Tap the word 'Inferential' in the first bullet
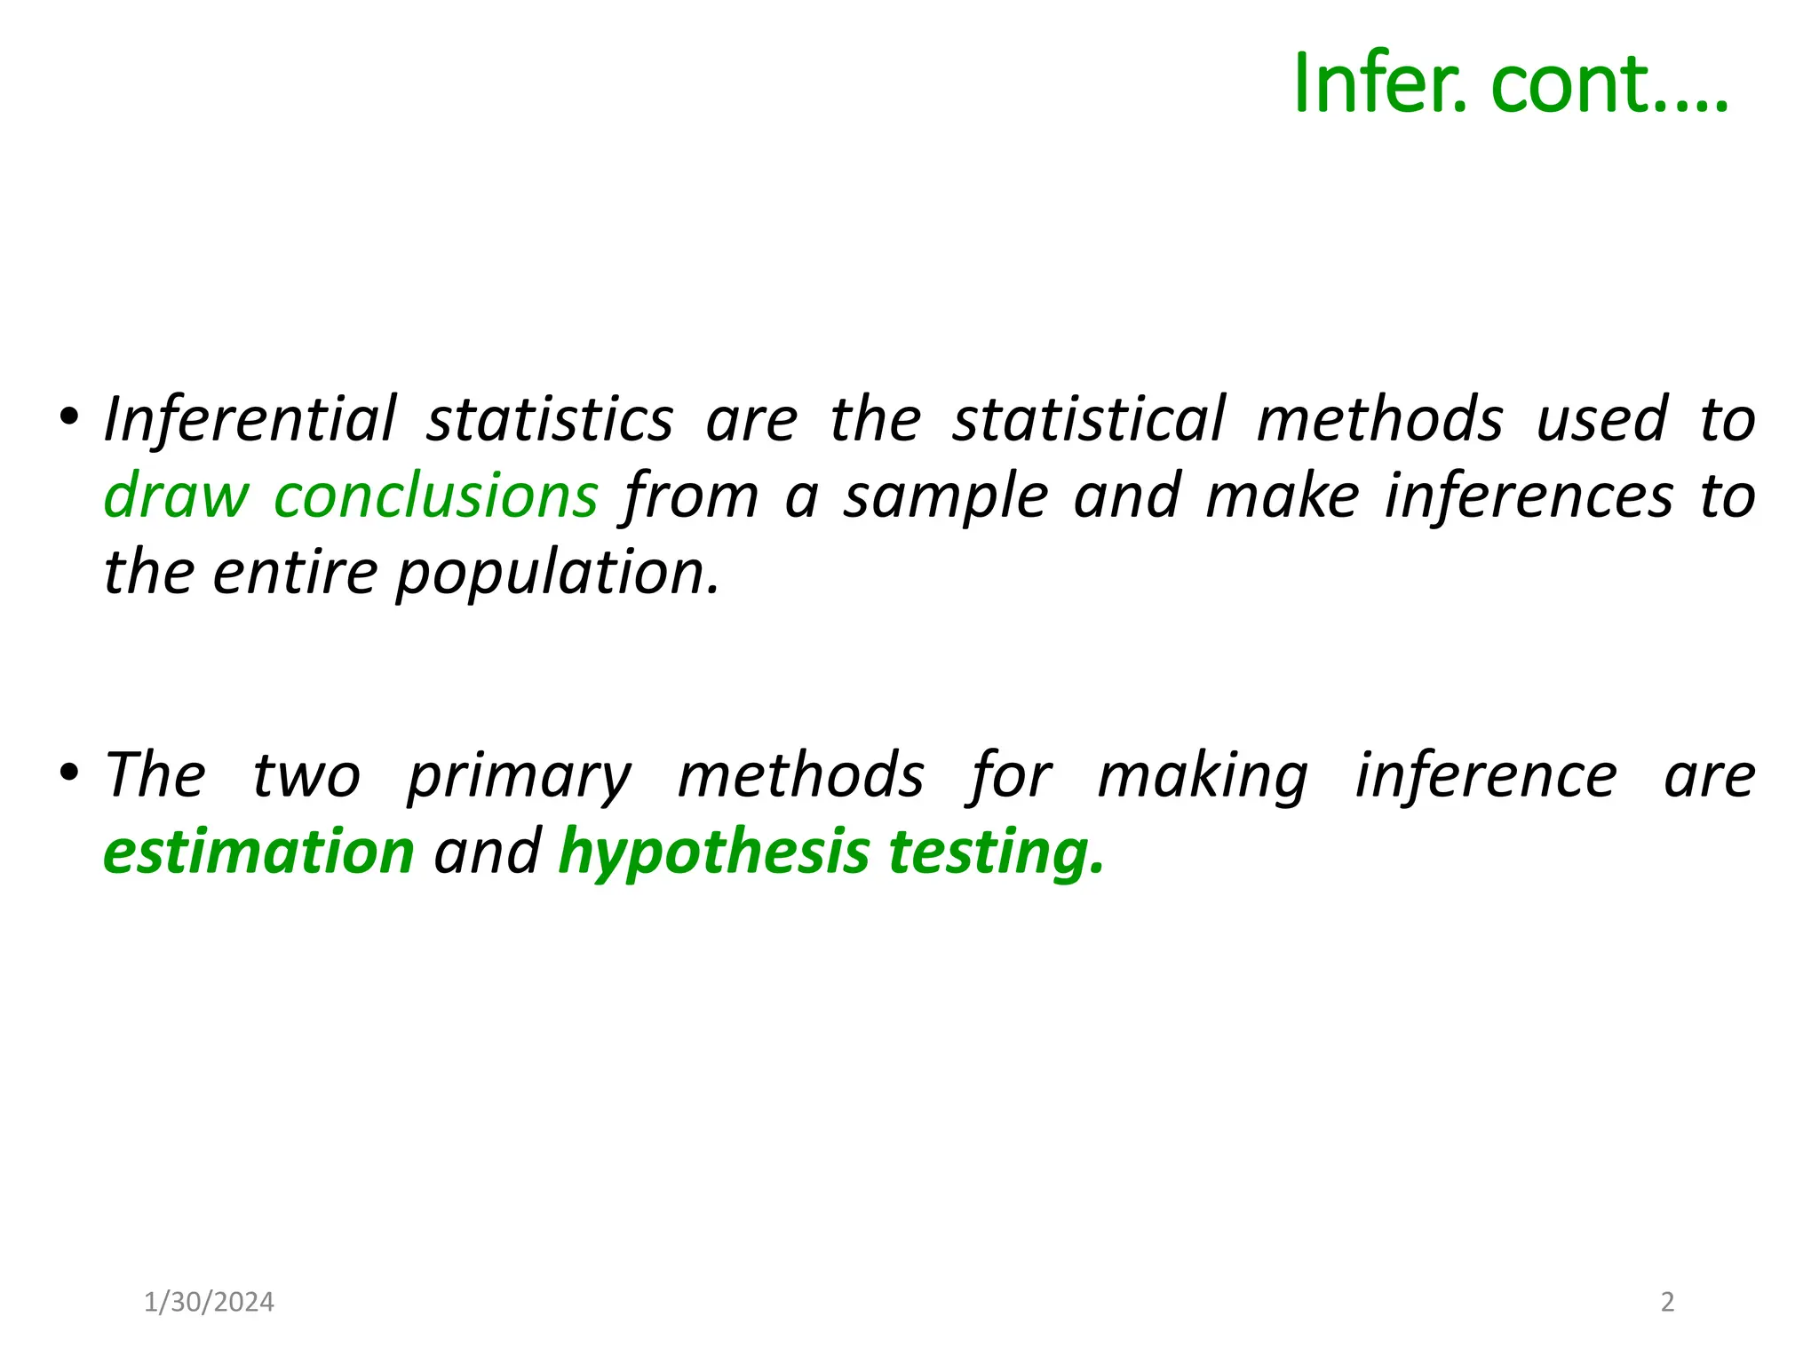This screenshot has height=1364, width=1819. tap(250, 418)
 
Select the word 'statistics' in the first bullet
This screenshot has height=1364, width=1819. tap(550, 418)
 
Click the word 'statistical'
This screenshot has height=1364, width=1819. tap(1089, 418)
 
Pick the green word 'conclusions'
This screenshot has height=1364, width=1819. tap(436, 495)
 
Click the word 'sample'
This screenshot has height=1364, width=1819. tap(946, 496)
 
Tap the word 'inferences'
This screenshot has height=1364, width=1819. tap(1529, 495)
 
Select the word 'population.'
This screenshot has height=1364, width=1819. tap(557, 573)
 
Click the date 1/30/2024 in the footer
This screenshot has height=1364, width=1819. tap(209, 1302)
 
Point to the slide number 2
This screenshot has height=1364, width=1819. tap(1667, 1302)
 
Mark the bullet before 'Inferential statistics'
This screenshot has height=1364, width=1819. tap(69, 416)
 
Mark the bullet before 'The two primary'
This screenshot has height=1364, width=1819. tap(69, 772)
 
